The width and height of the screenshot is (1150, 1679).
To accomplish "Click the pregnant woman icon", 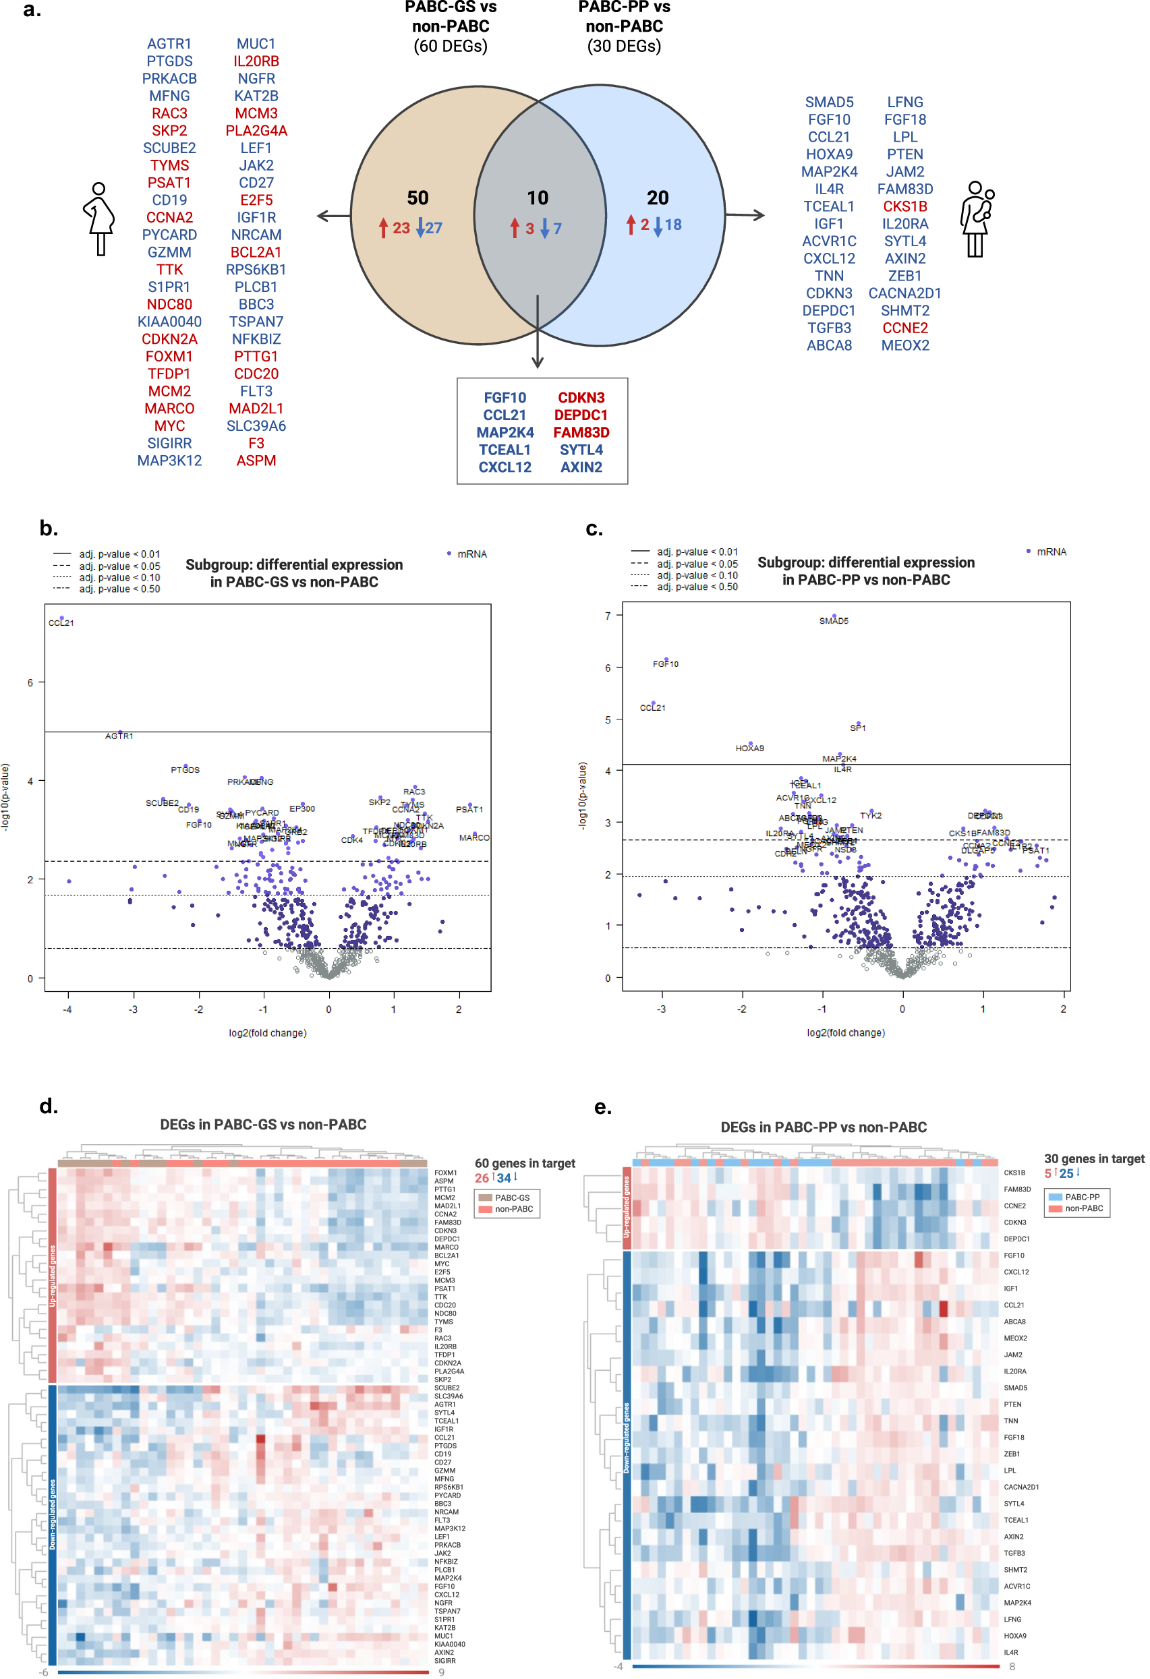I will pyautogui.click(x=99, y=218).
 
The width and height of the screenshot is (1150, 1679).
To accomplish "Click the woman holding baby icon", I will pyautogui.click(x=977, y=218).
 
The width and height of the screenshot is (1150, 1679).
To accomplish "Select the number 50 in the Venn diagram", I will pyautogui.click(x=418, y=198).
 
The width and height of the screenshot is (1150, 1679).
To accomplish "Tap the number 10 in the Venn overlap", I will pyautogui.click(x=537, y=198).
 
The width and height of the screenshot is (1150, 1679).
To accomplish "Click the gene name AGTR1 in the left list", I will pyautogui.click(x=169, y=44).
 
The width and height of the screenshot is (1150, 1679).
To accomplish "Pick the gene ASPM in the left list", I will pyautogui.click(x=256, y=461).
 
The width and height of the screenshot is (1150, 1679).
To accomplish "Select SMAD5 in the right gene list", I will pyautogui.click(x=829, y=102).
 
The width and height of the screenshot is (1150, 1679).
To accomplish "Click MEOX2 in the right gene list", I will pyautogui.click(x=905, y=345).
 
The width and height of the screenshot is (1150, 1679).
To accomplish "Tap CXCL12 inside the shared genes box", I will pyautogui.click(x=505, y=467).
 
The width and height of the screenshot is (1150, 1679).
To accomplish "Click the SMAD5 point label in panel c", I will pyautogui.click(x=834, y=621).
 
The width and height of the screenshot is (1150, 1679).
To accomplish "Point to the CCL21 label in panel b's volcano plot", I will pyautogui.click(x=61, y=623).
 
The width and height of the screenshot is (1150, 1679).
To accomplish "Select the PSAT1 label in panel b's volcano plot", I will pyautogui.click(x=469, y=810).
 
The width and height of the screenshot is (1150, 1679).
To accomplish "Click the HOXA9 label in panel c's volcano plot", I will pyautogui.click(x=749, y=748).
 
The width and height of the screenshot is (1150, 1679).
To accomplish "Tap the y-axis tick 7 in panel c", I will pyautogui.click(x=608, y=616).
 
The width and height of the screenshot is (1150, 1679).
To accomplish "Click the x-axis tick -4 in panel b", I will pyautogui.click(x=68, y=1010).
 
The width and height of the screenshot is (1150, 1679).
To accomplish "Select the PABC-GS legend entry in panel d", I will pyautogui.click(x=512, y=1198).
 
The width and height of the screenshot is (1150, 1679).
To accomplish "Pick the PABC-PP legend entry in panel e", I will pyautogui.click(x=1081, y=1197).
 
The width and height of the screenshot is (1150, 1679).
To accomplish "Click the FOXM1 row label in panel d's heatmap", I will pyautogui.click(x=445, y=1173).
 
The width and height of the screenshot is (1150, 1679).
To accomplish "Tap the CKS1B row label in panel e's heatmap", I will pyautogui.click(x=1014, y=1173).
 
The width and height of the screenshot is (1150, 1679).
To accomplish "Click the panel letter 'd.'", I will pyautogui.click(x=49, y=1107).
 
